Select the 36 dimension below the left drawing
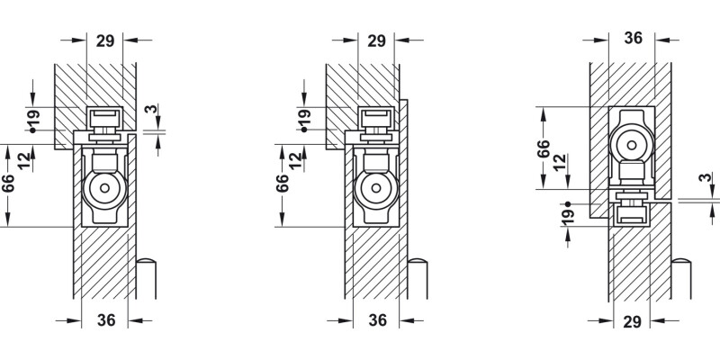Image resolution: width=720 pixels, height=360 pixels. tap(105, 321)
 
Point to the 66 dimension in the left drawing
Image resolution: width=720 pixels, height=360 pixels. tap(8, 184)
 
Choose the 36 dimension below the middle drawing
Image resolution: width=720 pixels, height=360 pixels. tap(378, 321)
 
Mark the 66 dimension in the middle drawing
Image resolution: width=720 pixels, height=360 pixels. tap(282, 184)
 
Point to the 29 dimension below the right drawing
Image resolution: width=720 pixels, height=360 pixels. tap(633, 321)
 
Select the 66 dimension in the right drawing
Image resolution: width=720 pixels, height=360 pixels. tap(544, 148)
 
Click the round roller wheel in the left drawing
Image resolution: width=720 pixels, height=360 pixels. tap(105, 190)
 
